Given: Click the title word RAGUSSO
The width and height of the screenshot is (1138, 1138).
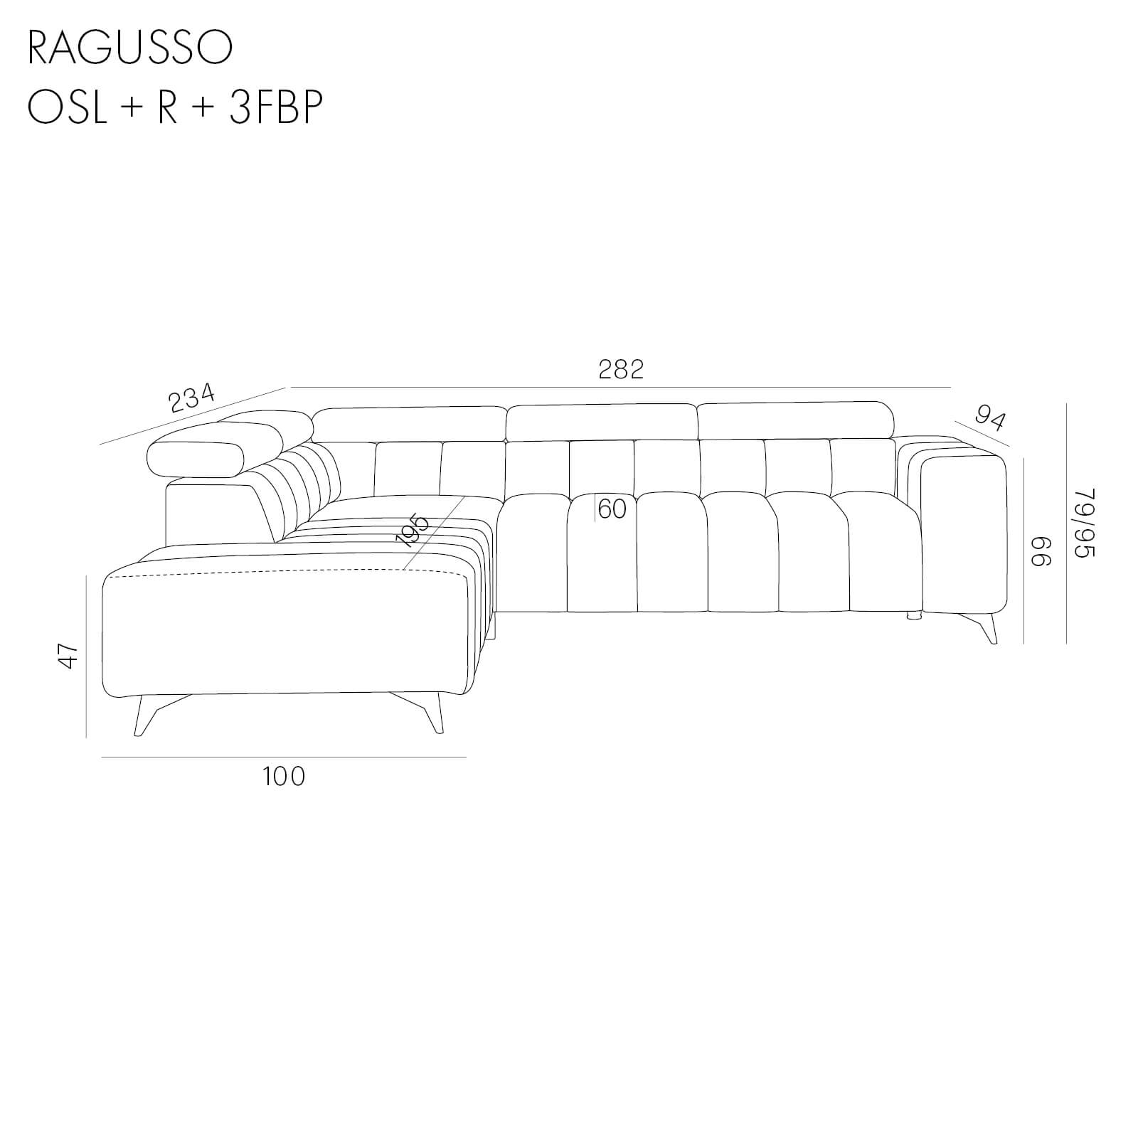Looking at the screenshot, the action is click(130, 48).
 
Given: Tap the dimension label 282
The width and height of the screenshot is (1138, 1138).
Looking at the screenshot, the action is click(621, 369).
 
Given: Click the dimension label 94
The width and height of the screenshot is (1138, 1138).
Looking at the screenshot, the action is click(990, 417).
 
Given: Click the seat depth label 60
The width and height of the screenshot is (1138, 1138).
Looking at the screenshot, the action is click(612, 509).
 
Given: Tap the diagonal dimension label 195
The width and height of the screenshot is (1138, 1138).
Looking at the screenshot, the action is click(413, 530).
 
